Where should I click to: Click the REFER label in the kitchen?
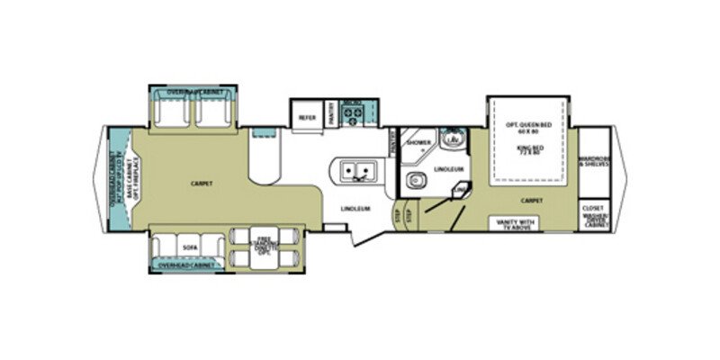point(307,116)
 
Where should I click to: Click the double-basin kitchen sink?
point(358,170)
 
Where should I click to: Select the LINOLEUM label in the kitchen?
point(355,209)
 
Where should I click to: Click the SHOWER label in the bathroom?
point(418,143)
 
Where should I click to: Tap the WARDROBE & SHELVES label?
point(593,162)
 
